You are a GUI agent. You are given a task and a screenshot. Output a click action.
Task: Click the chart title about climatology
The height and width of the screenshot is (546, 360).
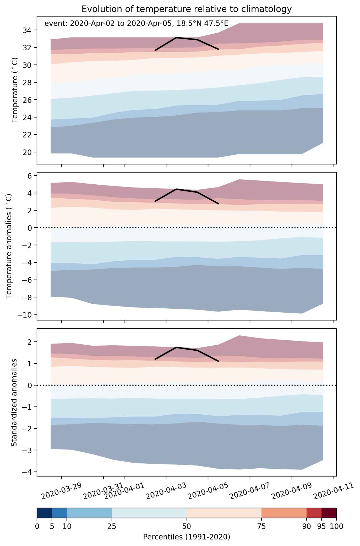(187, 9)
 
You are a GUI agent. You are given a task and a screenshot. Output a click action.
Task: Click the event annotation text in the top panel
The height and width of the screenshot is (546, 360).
(137, 24)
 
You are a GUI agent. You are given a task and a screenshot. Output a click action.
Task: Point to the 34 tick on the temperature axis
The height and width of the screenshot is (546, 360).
(27, 30)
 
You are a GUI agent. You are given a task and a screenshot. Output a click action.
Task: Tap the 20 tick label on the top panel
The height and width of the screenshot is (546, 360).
(27, 152)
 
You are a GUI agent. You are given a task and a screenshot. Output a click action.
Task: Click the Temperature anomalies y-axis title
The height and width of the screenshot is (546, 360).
(9, 246)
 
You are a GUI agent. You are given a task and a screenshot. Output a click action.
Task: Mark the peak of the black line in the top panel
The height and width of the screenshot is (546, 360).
(176, 38)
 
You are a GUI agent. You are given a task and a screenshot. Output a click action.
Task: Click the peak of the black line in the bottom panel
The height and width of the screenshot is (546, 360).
(176, 347)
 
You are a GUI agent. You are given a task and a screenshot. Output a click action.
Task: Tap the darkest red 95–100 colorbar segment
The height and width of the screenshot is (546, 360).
(329, 513)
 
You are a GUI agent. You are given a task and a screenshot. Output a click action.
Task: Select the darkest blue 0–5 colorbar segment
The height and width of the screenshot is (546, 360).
(44, 513)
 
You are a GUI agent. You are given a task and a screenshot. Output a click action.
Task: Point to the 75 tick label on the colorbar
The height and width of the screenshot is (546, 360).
(261, 526)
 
